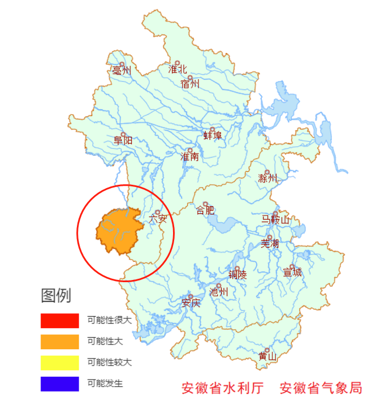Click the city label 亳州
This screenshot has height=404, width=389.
(x=122, y=71)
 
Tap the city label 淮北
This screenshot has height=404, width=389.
(x=178, y=70)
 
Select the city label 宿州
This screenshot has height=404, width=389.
(x=190, y=84)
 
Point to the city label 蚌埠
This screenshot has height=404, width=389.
(x=213, y=136)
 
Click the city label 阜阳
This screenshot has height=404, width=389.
(x=123, y=141)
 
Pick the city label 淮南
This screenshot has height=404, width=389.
(x=189, y=157)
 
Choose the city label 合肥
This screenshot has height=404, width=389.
(x=205, y=211)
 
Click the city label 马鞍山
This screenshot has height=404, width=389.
(x=275, y=220)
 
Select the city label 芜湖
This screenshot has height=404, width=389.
(x=270, y=244)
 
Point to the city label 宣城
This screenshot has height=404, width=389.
(x=292, y=273)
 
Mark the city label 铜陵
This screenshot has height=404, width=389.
(x=237, y=275)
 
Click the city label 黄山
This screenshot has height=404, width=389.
(x=267, y=357)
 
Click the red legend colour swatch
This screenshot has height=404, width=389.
(x=59, y=320)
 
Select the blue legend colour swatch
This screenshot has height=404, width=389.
(x=59, y=384)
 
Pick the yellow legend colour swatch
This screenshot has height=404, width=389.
(x=59, y=363)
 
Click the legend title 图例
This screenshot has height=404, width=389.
(x=56, y=296)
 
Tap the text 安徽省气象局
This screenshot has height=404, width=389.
(x=321, y=388)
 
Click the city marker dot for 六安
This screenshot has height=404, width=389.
(x=158, y=212)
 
